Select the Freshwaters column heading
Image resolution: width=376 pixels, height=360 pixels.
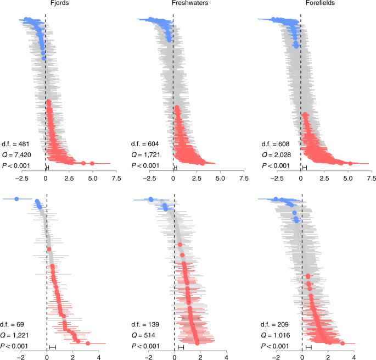[x=172, y=4]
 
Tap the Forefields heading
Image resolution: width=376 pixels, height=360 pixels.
[x=301, y=4]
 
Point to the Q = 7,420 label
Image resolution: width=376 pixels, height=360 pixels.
[x=16, y=154]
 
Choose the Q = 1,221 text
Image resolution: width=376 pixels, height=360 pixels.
[x=16, y=335]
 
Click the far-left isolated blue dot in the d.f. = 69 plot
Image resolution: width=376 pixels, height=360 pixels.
[x=16, y=198]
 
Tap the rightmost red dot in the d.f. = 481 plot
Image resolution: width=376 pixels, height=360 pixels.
[x=92, y=163]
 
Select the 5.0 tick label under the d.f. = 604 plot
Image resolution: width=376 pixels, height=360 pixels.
[x=220, y=179]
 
